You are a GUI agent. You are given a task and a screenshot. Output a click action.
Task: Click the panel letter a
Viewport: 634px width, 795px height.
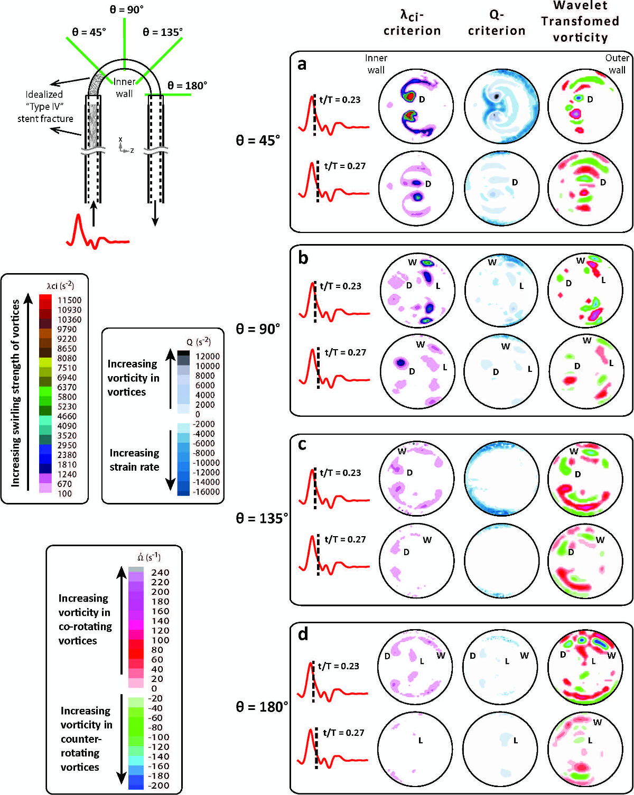pyautogui.click(x=302, y=64)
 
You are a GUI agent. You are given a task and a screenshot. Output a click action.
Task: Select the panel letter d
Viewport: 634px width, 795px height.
pyautogui.click(x=303, y=633)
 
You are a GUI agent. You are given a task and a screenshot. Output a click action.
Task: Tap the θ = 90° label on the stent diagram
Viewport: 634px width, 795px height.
pyautogui.click(x=126, y=10)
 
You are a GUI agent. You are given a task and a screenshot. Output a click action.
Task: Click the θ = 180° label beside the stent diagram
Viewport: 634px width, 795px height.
pyautogui.click(x=187, y=85)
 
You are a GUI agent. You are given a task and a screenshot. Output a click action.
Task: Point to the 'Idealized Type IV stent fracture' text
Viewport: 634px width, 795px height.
pyautogui.click(x=45, y=106)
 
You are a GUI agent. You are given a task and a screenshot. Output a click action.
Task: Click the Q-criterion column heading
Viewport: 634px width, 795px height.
pyautogui.click(x=496, y=23)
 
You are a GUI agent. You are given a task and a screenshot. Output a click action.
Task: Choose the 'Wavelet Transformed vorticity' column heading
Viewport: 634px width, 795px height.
pyautogui.click(x=580, y=22)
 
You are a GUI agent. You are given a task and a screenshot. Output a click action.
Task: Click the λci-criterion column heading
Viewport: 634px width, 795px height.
pyautogui.click(x=412, y=23)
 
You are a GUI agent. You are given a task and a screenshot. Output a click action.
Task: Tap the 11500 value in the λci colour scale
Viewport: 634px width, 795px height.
pyautogui.click(x=69, y=300)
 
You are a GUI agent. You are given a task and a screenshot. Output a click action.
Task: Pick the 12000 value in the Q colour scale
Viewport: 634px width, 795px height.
pyautogui.click(x=208, y=357)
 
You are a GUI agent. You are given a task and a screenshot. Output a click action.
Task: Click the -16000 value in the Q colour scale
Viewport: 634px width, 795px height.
pyautogui.click(x=206, y=492)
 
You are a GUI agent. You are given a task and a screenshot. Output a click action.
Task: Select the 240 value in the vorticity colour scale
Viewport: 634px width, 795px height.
pyautogui.click(x=160, y=572)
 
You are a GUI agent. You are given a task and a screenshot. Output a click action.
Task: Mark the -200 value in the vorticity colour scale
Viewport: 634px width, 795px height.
pyautogui.click(x=158, y=785)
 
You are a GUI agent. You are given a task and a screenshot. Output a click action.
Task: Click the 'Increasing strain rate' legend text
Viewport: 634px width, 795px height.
pyautogui.click(x=134, y=460)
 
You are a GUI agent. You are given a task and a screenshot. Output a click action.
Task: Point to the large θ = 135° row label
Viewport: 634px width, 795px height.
pyautogui.click(x=262, y=518)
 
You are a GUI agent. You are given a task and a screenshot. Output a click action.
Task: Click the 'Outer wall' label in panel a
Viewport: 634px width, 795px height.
pyautogui.click(x=617, y=64)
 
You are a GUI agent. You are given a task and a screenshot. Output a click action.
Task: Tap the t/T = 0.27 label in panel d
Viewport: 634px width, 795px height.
pyautogui.click(x=343, y=733)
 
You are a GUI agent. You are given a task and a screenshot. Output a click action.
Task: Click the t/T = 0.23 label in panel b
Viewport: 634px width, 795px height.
pyautogui.click(x=340, y=286)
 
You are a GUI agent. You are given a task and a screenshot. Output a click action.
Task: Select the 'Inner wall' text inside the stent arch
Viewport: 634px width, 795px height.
pyautogui.click(x=124, y=88)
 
